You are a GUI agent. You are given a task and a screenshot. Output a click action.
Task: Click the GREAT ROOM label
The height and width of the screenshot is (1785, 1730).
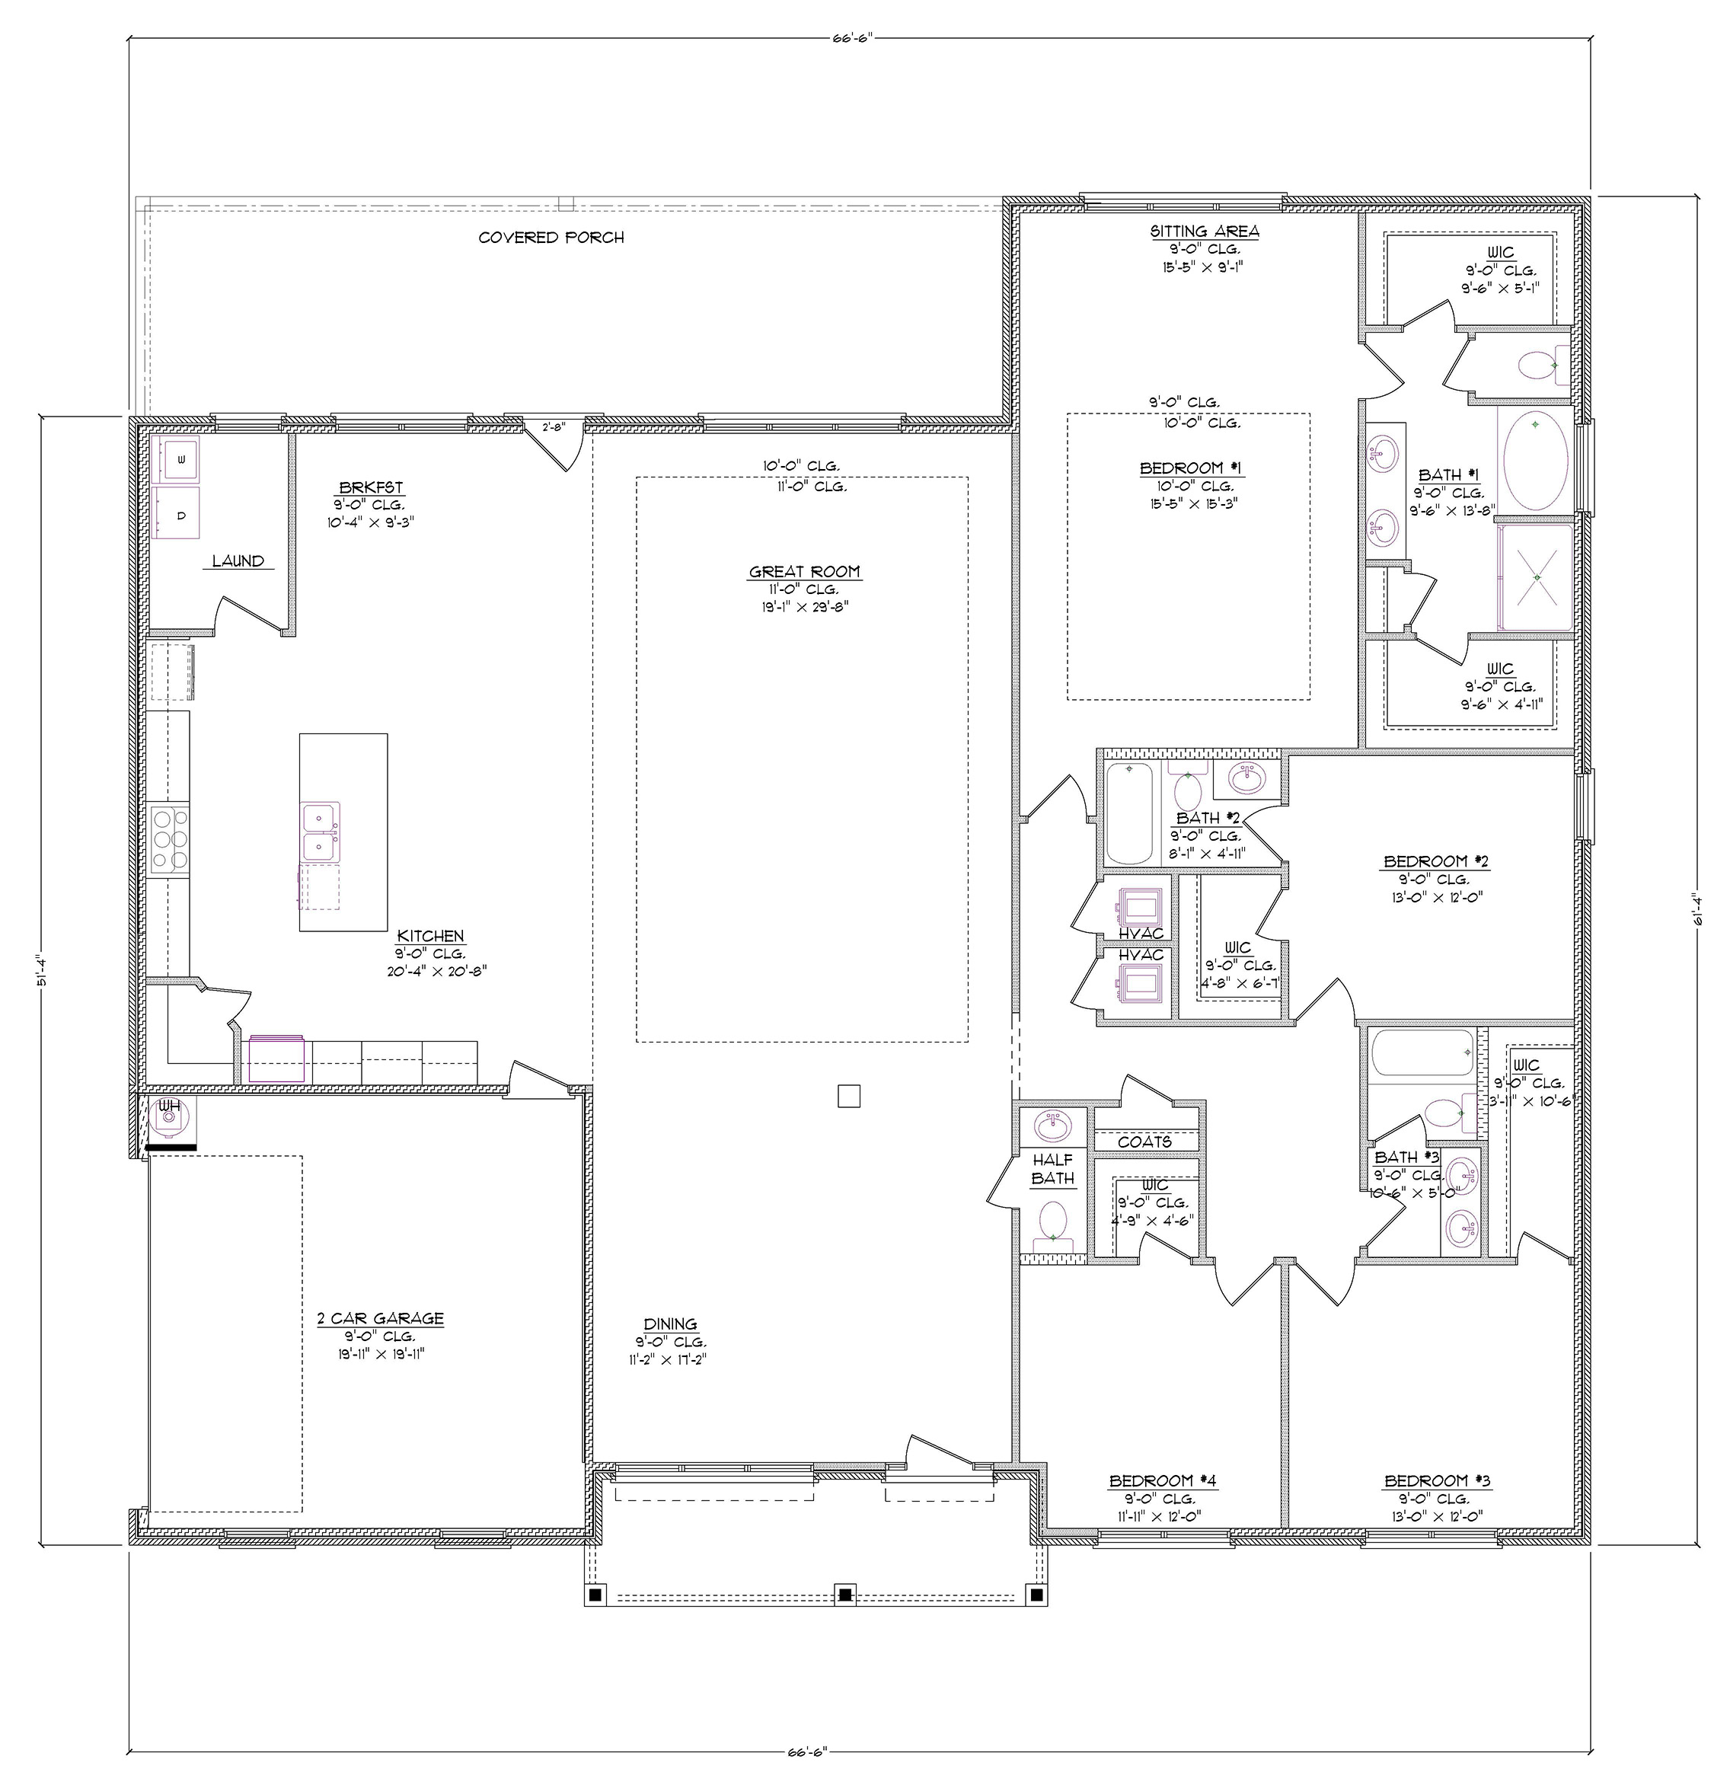[804, 572]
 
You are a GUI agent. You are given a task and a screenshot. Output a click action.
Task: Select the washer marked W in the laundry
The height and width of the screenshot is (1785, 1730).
[180, 458]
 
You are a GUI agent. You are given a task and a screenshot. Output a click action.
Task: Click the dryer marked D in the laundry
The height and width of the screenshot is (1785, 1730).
[180, 513]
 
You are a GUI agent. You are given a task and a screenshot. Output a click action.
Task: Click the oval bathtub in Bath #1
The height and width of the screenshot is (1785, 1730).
[1535, 459]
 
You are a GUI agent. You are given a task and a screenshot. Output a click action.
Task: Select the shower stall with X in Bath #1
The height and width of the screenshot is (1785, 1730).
[1536, 577]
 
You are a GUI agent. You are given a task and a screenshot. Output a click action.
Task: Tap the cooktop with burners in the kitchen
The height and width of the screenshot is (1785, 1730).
[171, 838]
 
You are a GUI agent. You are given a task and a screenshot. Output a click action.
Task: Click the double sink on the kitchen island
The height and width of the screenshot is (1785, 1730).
[321, 832]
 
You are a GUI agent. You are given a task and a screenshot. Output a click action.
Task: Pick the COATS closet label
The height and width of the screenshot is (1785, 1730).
[1144, 1141]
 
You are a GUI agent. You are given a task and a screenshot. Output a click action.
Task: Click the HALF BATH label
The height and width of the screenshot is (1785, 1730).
[1052, 1170]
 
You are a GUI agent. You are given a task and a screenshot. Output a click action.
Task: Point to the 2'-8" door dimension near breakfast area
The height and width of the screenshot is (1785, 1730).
[554, 426]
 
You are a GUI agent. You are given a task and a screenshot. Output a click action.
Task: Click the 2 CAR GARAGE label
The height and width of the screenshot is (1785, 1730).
[380, 1317]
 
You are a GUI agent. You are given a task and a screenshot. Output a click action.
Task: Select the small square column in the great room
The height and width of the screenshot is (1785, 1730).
[847, 1096]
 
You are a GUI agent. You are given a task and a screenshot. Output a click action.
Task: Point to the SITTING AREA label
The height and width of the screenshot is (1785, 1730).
[1204, 232]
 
